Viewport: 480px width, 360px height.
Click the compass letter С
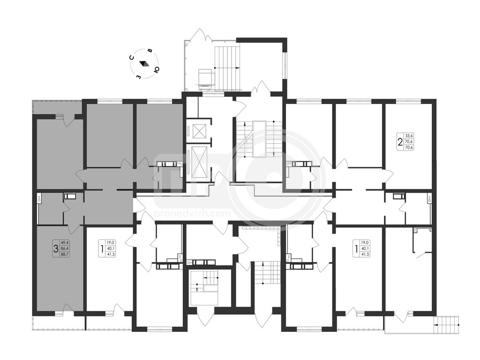pos(131,57)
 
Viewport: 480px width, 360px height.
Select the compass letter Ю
pos(156,70)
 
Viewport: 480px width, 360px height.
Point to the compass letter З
pos(139,77)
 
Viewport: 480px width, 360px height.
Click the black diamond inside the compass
pos(144,63)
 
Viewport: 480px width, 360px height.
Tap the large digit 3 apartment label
pos(55,248)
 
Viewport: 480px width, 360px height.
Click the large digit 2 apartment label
pos(400,142)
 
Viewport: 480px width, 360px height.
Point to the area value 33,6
pos(409,136)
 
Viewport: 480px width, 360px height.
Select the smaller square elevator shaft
pos(198,132)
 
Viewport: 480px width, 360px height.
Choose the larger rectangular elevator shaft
pos(198,163)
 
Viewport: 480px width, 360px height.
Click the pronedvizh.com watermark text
pos(192,213)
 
